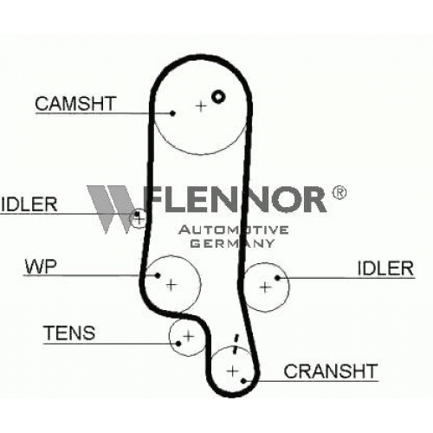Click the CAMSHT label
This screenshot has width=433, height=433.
[75, 104]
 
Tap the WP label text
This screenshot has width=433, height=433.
[41, 267]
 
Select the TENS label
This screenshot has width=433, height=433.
[69, 333]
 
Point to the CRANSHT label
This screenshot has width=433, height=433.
[331, 371]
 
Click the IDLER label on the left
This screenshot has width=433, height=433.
[29, 204]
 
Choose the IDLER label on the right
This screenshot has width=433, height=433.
[385, 268]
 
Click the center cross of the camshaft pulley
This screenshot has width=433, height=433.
[201, 107]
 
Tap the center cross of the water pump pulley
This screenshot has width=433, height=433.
[171, 285]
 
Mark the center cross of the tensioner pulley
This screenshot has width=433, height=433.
[189, 336]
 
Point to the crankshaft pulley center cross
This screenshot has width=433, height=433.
[233, 371]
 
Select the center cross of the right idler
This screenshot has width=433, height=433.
[265, 287]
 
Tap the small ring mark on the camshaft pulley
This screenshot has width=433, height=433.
[218, 96]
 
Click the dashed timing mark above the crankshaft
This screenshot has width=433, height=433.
[236, 344]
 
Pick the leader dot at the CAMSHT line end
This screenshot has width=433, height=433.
[172, 113]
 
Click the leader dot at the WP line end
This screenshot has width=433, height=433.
[158, 275]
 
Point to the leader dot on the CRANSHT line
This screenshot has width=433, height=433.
[243, 381]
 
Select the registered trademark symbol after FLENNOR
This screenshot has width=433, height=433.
[339, 192]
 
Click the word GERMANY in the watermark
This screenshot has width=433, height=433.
[232, 243]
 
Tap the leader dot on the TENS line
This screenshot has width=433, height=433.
[178, 344]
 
